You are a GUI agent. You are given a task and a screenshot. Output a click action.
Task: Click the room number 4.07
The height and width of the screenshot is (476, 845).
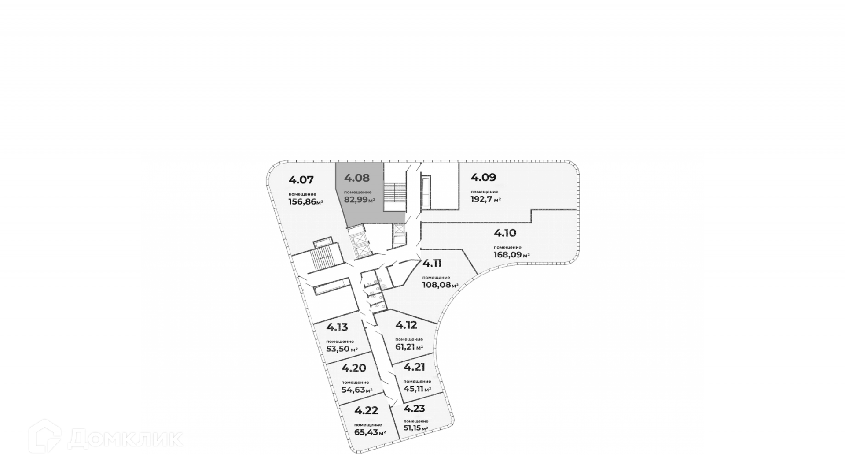click(301, 180)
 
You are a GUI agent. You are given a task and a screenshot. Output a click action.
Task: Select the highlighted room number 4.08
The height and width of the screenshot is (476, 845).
click(357, 178)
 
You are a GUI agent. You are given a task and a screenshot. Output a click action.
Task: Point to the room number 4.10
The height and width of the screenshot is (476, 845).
click(505, 233)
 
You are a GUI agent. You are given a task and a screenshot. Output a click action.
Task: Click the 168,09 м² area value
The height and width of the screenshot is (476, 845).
click(511, 255)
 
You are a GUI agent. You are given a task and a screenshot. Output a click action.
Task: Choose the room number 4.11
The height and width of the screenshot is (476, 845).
click(432, 263)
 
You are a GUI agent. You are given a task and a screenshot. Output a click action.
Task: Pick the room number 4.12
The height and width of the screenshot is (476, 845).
click(406, 325)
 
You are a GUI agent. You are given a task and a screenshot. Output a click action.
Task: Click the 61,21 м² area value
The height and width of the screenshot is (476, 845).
click(409, 347)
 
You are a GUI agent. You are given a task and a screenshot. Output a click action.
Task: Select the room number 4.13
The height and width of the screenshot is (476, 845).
click(337, 327)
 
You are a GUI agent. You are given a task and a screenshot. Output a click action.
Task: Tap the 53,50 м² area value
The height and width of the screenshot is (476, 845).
click(342, 349)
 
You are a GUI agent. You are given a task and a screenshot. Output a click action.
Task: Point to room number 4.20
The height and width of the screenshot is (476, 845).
click(353, 368)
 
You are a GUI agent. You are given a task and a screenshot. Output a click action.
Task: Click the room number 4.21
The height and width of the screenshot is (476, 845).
click(414, 367)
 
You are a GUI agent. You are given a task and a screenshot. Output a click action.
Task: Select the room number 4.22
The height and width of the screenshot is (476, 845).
click(366, 410)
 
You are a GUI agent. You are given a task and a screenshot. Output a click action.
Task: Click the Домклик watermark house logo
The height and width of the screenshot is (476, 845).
click(44, 436)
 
